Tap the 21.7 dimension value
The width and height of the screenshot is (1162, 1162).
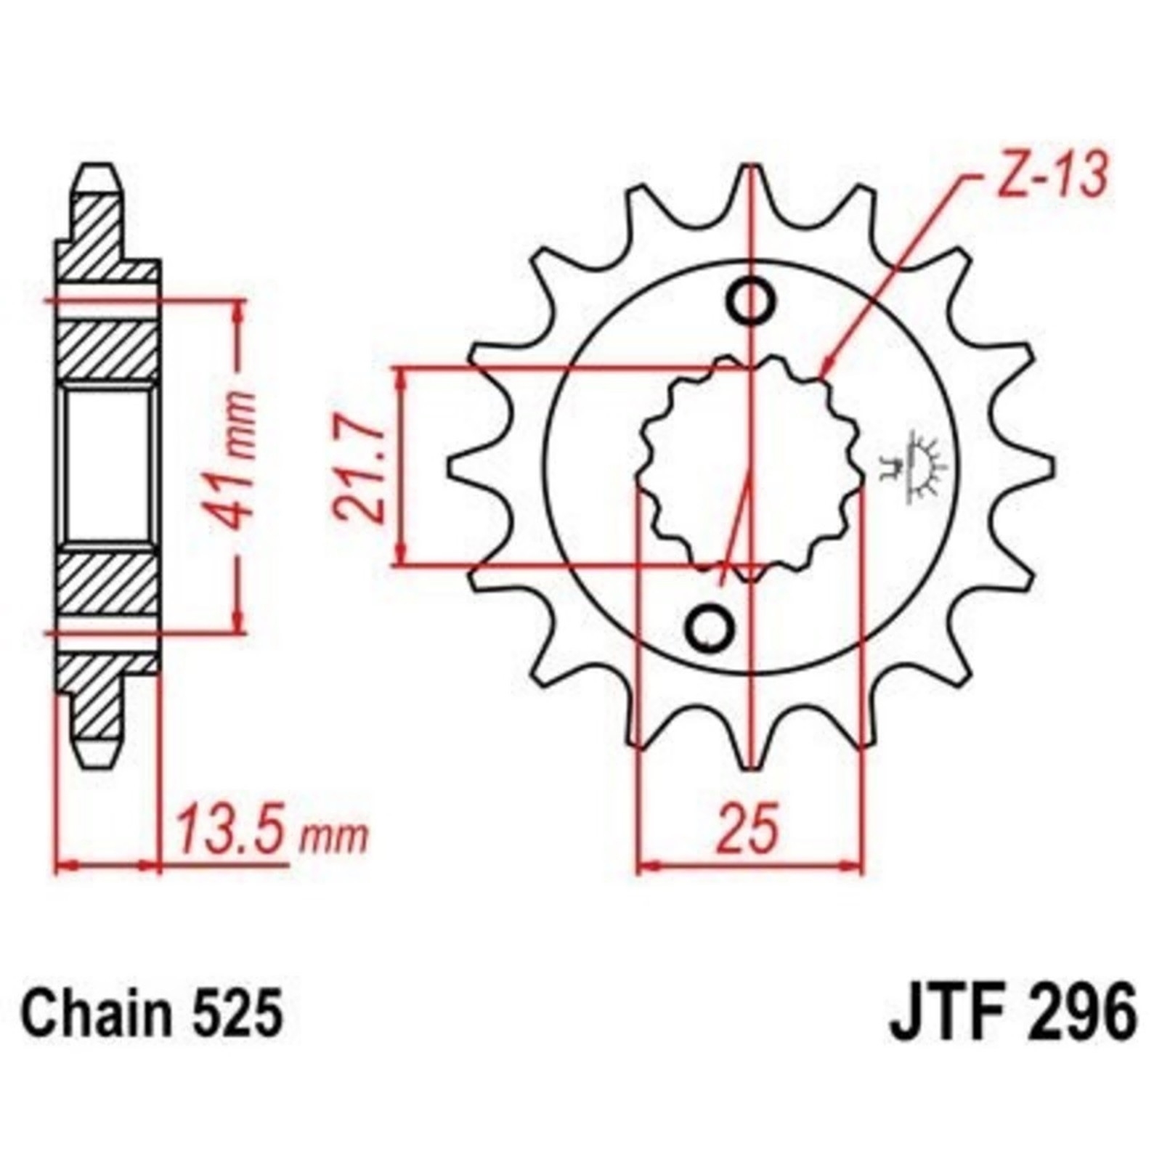point(361,466)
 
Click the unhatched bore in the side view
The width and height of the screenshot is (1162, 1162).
point(109,465)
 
